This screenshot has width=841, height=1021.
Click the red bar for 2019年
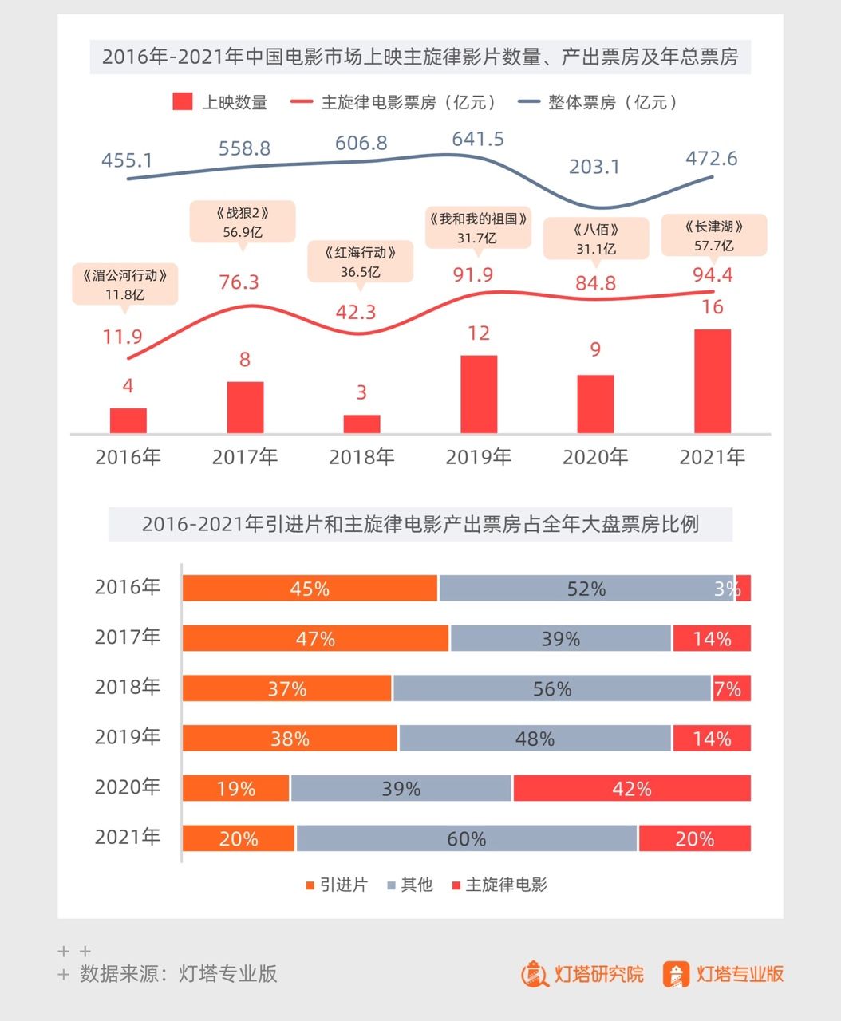479,394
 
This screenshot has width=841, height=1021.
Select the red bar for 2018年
361,424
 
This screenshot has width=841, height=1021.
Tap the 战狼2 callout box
243,222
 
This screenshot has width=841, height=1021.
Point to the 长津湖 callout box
714,235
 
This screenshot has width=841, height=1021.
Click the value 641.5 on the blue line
478,140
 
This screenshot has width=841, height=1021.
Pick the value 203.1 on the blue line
594,167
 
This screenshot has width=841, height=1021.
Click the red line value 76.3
239,282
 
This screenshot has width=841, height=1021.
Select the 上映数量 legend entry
220,102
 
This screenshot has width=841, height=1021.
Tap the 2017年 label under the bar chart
244,457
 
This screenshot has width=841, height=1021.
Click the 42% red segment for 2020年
632,789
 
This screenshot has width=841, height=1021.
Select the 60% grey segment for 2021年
467,838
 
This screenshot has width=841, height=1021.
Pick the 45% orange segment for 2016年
310,589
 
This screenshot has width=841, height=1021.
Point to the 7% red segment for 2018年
731,688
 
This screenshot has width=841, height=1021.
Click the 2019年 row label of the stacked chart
128,737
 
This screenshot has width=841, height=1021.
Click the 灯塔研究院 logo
582,974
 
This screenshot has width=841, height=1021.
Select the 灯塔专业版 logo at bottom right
723,974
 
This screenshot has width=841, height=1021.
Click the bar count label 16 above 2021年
712,307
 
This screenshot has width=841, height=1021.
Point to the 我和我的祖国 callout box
478,227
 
